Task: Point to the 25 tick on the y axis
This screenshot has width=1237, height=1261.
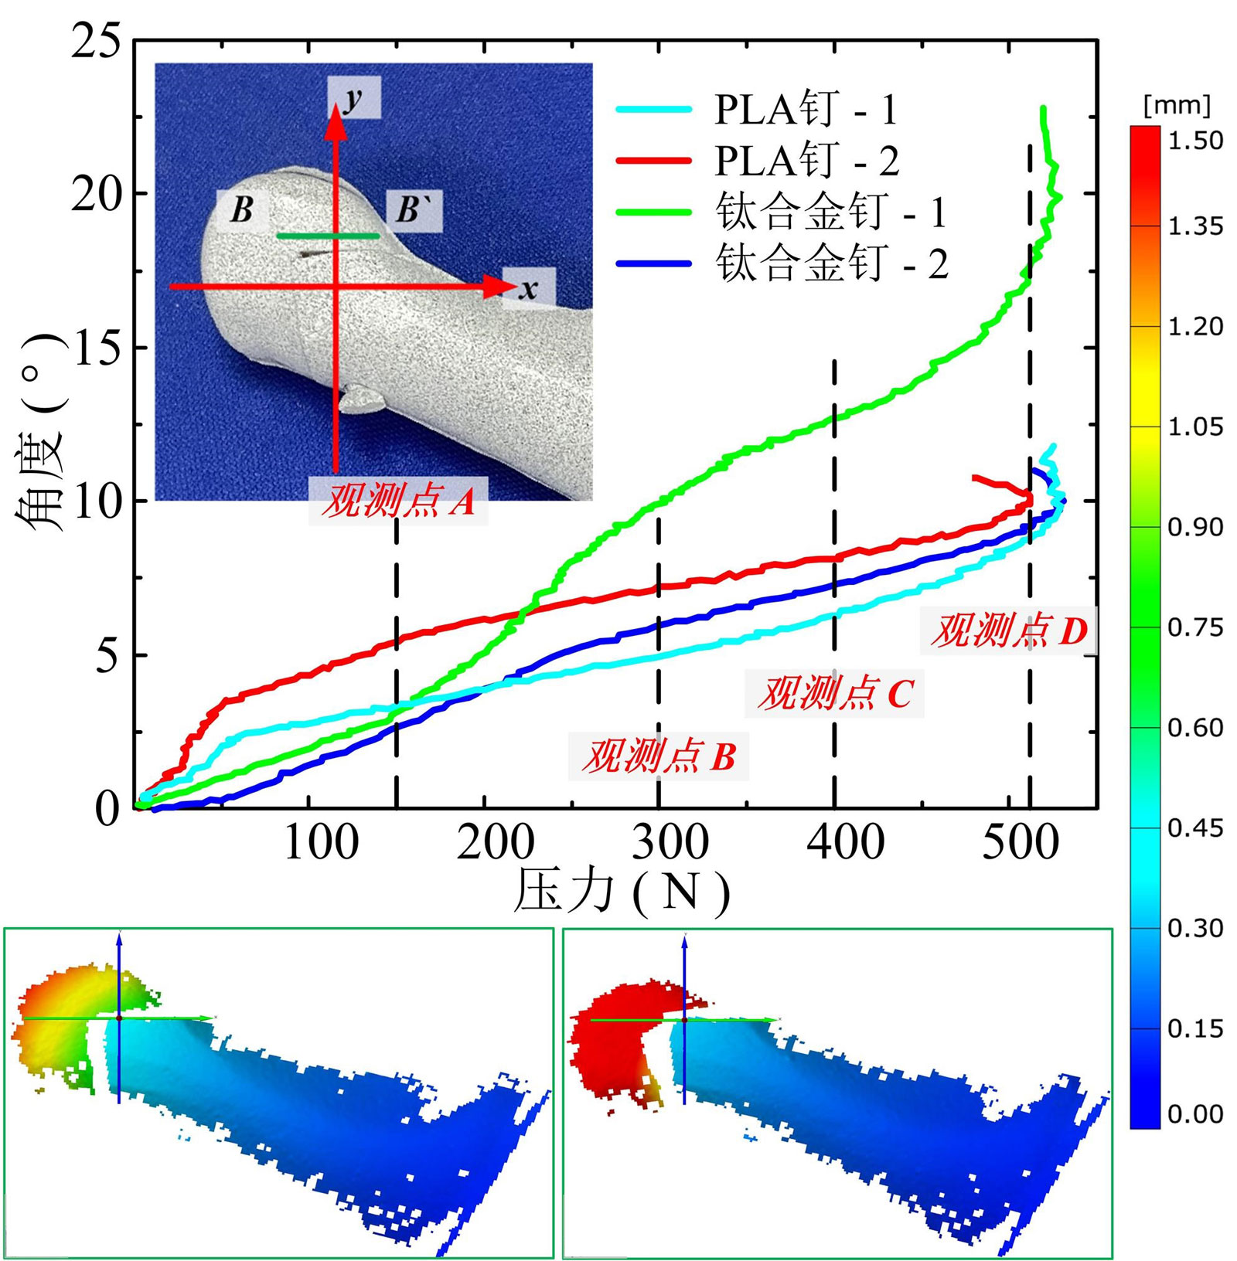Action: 97,40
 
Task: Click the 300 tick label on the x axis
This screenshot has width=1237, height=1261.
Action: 670,842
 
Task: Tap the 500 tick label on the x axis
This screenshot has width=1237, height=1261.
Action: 1020,842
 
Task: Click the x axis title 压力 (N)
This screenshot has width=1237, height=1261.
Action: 622,892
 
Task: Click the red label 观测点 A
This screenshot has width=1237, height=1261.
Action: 397,501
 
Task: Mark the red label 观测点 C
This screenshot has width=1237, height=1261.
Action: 834,692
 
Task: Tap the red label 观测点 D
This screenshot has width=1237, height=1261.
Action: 1008,630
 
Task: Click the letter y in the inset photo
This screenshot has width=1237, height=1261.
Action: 353,98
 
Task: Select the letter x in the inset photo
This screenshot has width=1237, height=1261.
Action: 528,289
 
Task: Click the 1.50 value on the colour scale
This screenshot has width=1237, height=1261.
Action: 1195,141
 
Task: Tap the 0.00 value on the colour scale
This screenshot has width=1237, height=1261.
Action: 1195,1113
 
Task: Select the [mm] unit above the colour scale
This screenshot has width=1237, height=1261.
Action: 1176,105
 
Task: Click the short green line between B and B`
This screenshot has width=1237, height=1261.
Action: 328,236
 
